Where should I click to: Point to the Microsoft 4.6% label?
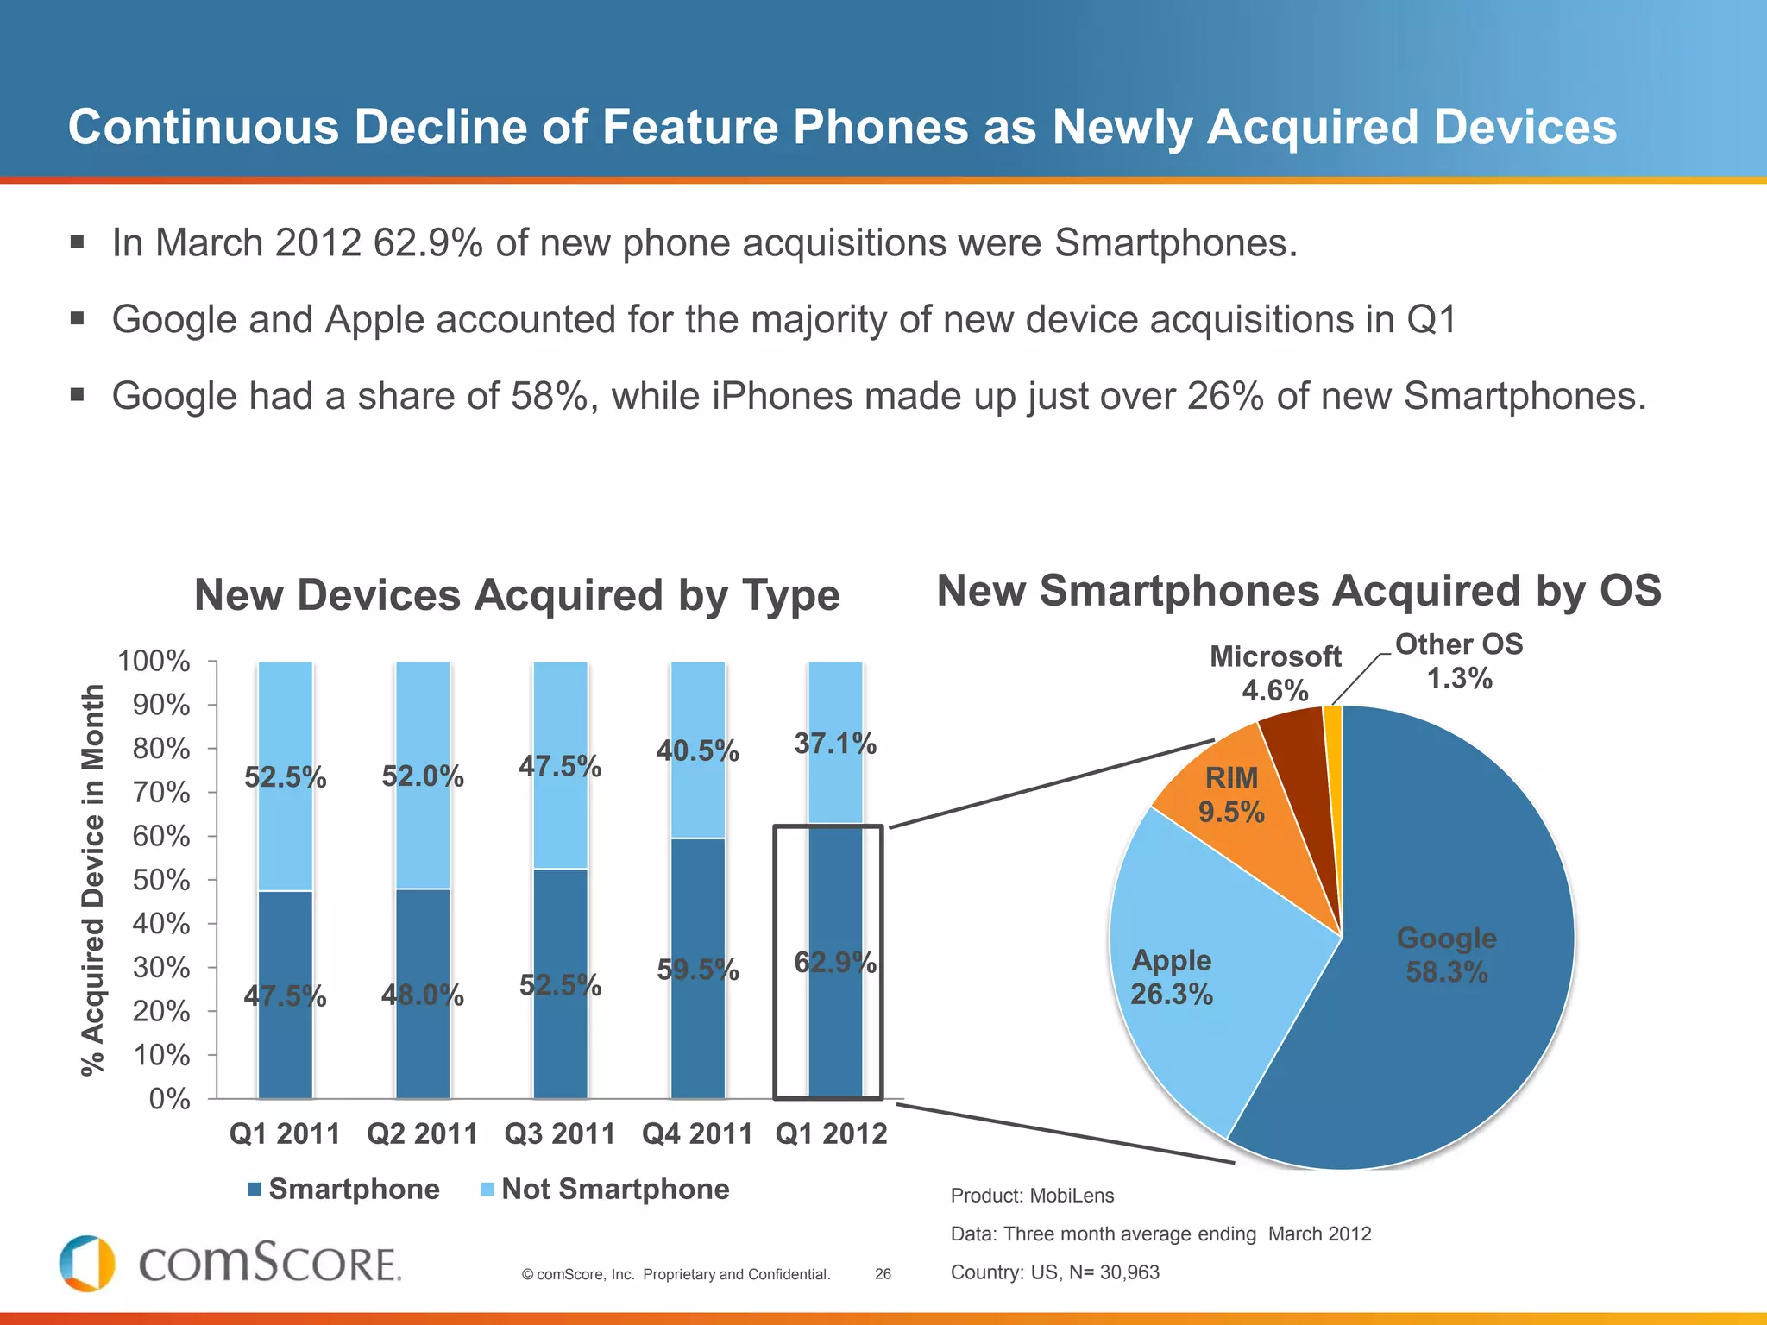pyautogui.click(x=1275, y=674)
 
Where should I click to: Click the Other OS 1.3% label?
pyautogui.click(x=1459, y=662)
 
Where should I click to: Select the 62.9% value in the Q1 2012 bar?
pyautogui.click(x=834, y=962)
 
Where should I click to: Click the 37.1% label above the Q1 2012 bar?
pyautogui.click(x=834, y=743)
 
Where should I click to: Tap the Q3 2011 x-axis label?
pyautogui.click(x=560, y=1133)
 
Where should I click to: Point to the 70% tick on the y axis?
pyautogui.click(x=161, y=792)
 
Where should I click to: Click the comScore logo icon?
pyautogui.click(x=87, y=1264)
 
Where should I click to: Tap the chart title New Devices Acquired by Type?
pyautogui.click(x=517, y=595)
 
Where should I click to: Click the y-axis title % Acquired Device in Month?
pyautogui.click(x=92, y=880)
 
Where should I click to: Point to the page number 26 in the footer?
pyautogui.click(x=883, y=1274)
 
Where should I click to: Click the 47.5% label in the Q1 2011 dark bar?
pyautogui.click(x=285, y=996)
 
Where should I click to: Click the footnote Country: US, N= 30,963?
pyautogui.click(x=1054, y=1272)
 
